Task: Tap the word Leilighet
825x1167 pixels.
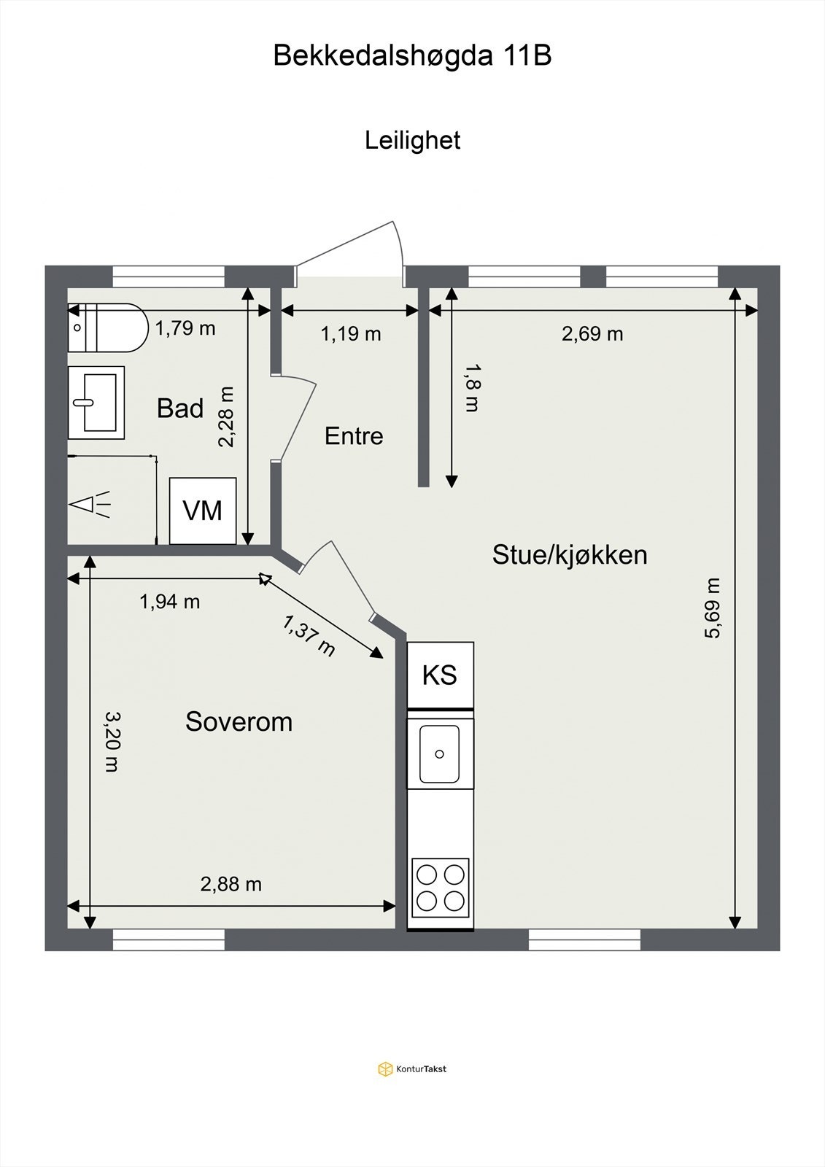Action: click(x=412, y=140)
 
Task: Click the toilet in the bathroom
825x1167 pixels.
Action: click(x=106, y=328)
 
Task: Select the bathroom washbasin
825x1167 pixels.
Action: click(x=96, y=403)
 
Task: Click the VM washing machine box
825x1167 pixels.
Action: click(x=203, y=511)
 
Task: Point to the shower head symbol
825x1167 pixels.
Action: click(x=89, y=503)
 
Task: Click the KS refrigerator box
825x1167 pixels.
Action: click(x=440, y=675)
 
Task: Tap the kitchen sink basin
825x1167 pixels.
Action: click(x=439, y=753)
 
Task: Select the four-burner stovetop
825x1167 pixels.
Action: click(x=440, y=888)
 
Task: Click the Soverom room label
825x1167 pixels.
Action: click(x=239, y=722)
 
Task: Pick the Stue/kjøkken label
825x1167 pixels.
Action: click(x=570, y=555)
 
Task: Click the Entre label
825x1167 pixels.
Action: click(x=354, y=436)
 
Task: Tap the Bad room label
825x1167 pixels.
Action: click(x=180, y=408)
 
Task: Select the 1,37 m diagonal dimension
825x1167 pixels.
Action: click(x=309, y=635)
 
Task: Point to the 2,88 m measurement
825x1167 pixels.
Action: click(x=231, y=884)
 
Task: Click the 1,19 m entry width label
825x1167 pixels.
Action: click(x=351, y=334)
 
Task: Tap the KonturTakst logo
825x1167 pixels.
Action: click(x=412, y=1069)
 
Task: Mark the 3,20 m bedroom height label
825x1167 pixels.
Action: click(x=111, y=741)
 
